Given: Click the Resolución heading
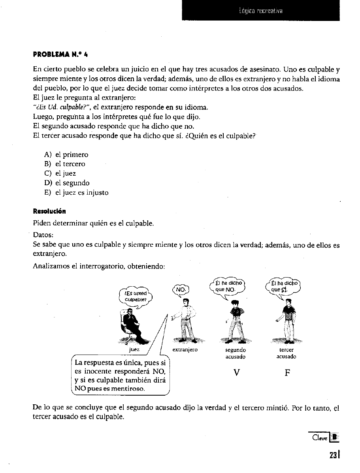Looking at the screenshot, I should tap(49, 212).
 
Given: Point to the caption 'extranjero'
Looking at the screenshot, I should tap(185, 350).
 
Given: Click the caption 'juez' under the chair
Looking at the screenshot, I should tap(134, 349).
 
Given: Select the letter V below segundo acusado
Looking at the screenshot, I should tap(236, 372).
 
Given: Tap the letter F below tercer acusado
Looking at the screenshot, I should tap(287, 372).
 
